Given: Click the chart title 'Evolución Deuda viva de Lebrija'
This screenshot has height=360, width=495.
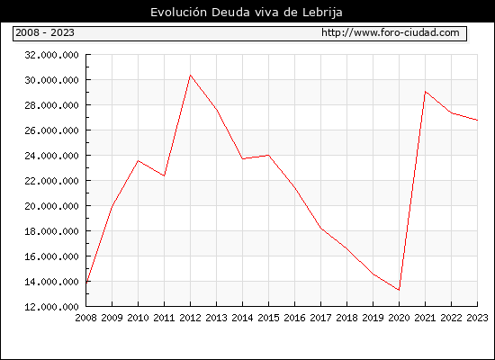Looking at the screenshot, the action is [247, 13].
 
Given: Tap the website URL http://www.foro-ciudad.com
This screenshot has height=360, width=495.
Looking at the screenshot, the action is [391, 32].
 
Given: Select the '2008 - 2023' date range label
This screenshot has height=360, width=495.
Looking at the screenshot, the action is [45, 32].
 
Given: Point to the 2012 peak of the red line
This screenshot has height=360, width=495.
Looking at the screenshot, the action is [191, 76].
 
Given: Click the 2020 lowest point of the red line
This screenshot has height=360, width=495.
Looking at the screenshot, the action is [399, 290].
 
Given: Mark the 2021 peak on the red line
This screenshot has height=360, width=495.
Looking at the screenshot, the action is [425, 92].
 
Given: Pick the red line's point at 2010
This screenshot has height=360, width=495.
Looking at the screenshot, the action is [138, 161].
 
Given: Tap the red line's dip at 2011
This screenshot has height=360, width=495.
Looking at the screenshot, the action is [164, 175].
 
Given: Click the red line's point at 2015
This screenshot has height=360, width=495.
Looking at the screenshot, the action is [269, 155].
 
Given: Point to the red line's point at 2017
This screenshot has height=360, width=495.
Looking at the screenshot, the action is [320, 228].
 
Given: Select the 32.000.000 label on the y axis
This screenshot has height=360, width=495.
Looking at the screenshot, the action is [52, 55].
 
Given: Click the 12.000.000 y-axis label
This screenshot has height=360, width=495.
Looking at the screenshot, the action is [52, 307].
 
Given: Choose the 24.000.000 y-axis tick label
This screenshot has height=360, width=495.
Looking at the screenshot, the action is [52, 156].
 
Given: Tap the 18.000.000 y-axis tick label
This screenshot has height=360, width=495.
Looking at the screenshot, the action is [52, 231].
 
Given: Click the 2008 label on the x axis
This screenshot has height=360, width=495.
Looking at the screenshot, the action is [85, 318].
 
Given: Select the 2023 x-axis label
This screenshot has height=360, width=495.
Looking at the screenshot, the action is [477, 318].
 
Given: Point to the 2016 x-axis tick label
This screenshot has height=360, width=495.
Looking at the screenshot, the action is [294, 318].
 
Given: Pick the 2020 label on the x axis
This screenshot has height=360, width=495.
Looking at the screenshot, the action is [399, 318].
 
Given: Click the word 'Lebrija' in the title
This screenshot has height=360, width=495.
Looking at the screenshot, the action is [322, 13].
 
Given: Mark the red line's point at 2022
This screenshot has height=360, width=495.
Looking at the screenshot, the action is [452, 112].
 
